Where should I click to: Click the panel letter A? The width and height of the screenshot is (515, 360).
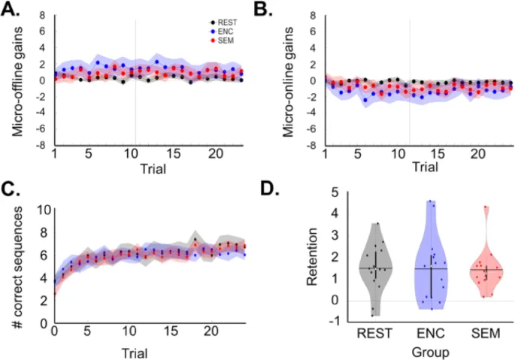13,10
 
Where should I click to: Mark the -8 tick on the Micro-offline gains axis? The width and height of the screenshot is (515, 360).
44,145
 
